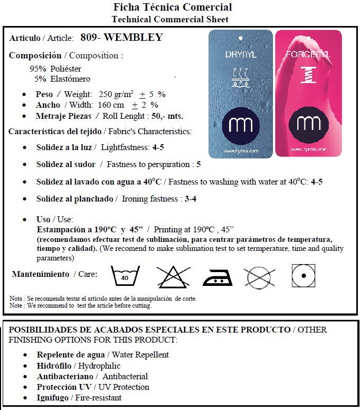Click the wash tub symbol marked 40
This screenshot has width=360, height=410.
125,276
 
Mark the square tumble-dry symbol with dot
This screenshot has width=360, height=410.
303,275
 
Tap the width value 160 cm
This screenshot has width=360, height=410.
111,105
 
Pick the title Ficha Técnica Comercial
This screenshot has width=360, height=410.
173,7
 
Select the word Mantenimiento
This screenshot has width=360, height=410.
41,274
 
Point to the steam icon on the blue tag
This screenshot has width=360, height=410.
239,77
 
